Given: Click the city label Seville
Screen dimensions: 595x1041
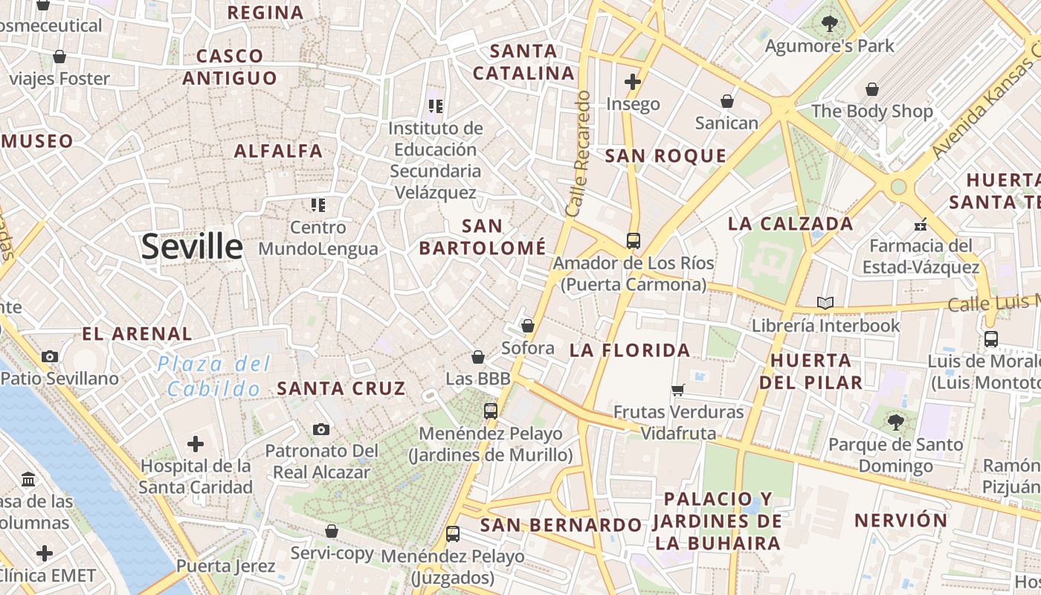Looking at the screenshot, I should pyautogui.click(x=192, y=246).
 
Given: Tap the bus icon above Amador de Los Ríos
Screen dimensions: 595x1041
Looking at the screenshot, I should pyautogui.click(x=633, y=241).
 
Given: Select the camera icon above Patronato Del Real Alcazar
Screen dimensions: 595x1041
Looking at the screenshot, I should pyautogui.click(x=321, y=429).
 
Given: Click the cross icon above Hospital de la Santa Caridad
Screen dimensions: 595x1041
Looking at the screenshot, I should pyautogui.click(x=196, y=445).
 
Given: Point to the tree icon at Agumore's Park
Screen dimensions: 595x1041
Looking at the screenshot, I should pyautogui.click(x=829, y=24).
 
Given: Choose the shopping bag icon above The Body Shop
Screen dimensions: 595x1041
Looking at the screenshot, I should pyautogui.click(x=872, y=90).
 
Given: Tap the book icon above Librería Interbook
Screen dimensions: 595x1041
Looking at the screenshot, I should pyautogui.click(x=825, y=303).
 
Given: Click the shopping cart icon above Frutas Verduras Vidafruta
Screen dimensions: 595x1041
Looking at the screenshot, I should pyautogui.click(x=677, y=390).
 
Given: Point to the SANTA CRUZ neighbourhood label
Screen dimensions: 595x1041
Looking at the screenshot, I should pyautogui.click(x=341, y=388).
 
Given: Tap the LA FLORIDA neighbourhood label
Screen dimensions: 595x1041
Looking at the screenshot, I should pyautogui.click(x=630, y=350).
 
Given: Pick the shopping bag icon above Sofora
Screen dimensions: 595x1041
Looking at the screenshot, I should pyautogui.click(x=528, y=326).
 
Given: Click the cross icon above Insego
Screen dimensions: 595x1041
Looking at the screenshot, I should pyautogui.click(x=633, y=82).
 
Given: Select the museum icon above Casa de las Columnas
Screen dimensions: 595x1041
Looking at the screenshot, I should pyautogui.click(x=29, y=478).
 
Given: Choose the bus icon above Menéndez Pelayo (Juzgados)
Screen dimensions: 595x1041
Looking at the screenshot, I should pyautogui.click(x=452, y=534).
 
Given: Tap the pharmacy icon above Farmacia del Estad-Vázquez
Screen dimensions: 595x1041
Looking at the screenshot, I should pyautogui.click(x=921, y=224).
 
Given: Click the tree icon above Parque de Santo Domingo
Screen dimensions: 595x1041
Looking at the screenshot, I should pyautogui.click(x=895, y=422).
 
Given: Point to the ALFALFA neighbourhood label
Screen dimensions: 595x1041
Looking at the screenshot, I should pyautogui.click(x=278, y=151).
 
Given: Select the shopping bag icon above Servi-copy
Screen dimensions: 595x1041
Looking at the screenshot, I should pyautogui.click(x=332, y=531).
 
